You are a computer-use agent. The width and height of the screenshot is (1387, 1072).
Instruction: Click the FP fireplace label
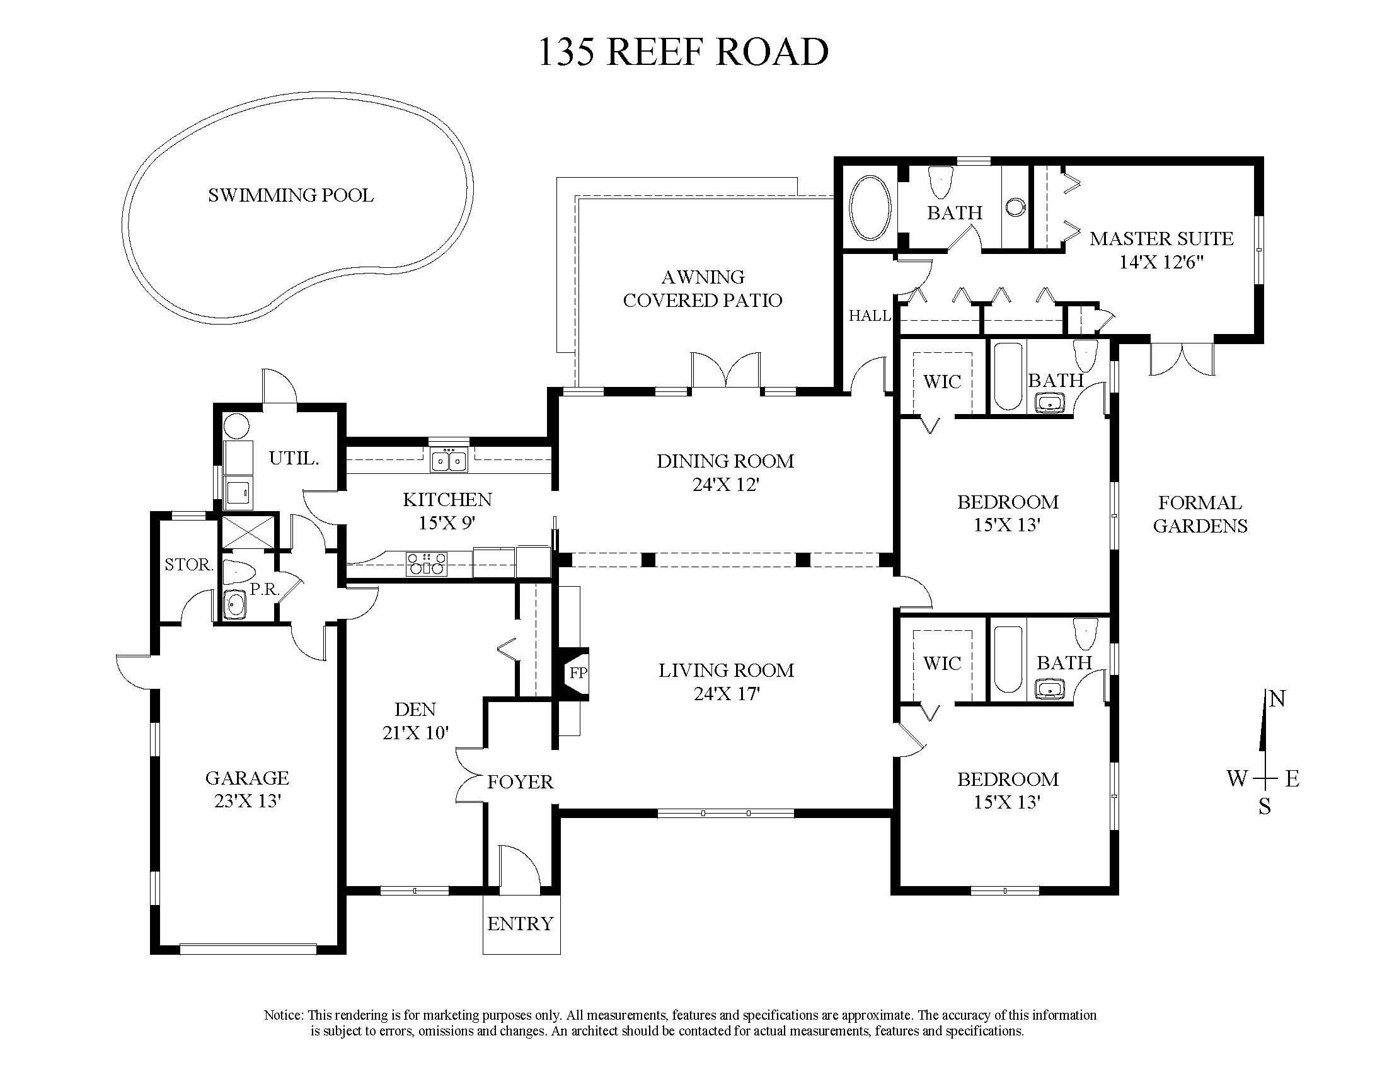[x=578, y=672]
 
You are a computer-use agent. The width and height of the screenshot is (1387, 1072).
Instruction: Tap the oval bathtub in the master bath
[x=870, y=208]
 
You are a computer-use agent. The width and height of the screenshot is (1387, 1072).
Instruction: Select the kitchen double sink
[x=449, y=459]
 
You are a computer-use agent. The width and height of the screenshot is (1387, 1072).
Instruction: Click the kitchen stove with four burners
[x=427, y=563]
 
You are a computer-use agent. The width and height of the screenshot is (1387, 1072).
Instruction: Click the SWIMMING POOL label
[x=291, y=195]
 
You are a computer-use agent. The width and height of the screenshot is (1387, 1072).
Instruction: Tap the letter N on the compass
[x=1277, y=699]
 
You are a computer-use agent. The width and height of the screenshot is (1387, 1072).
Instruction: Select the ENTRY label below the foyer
[x=520, y=923]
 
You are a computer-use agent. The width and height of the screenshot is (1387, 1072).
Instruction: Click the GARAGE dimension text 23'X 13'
[x=248, y=801]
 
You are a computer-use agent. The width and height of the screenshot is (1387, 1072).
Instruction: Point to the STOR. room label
[x=188, y=565]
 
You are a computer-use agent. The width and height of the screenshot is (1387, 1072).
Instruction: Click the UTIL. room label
[x=294, y=458]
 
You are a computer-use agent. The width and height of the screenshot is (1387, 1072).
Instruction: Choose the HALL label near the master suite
[x=870, y=316]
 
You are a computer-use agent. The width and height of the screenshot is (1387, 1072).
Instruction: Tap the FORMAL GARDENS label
[x=1200, y=514]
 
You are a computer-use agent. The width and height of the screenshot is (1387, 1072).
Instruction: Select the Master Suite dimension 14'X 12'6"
[x=1161, y=262]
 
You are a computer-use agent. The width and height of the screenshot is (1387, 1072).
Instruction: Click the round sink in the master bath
[x=1016, y=207]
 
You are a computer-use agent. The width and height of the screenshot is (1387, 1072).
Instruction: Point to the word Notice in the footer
[x=284, y=1015]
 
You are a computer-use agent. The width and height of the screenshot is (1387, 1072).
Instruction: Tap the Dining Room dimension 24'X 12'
[x=726, y=485]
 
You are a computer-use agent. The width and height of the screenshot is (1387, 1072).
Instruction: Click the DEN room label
[x=415, y=710]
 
